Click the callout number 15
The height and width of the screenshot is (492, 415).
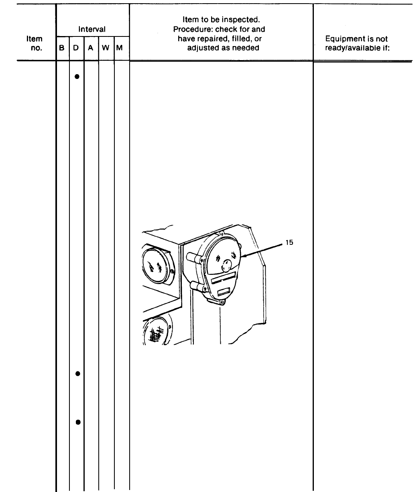(289, 242)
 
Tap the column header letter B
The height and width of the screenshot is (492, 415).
(62, 48)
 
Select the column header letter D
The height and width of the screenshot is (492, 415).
(76, 48)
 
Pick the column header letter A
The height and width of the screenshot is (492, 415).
(91, 48)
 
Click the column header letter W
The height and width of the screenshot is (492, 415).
(106, 48)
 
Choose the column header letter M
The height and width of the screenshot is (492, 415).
(120, 48)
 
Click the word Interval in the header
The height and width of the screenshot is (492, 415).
(92, 29)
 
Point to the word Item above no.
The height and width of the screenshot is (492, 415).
(34, 39)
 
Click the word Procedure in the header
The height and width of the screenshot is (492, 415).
(191, 29)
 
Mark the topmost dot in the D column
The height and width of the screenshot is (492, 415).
(77, 76)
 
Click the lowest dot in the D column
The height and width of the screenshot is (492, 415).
(77, 422)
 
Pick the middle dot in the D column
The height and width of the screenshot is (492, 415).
(77, 373)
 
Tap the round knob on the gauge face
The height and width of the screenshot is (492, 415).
(226, 265)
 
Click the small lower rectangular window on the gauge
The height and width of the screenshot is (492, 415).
(222, 292)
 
